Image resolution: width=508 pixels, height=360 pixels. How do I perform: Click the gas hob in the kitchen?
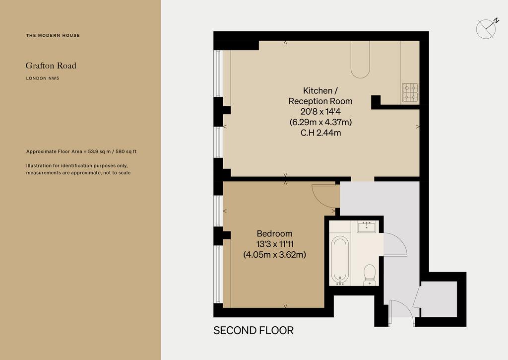410,93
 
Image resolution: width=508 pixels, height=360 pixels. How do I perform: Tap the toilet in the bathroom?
369,275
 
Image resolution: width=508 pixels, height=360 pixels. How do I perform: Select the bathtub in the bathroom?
340,260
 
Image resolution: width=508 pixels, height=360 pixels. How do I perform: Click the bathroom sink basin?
367,226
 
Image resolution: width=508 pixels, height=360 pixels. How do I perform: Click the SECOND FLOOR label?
254,331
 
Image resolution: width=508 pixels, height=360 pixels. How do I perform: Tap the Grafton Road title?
51,66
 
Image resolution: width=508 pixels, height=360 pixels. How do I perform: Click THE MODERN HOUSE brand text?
53,35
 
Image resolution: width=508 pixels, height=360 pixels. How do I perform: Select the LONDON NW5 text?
43,78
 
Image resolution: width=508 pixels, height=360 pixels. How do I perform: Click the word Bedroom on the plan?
274,233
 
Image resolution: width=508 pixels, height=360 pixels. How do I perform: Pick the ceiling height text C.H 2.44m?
321,133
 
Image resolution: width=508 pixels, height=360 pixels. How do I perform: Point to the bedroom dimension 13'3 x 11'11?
275,244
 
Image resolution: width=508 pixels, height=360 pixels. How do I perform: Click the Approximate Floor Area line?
81,151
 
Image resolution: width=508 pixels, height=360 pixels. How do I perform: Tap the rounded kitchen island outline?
360,60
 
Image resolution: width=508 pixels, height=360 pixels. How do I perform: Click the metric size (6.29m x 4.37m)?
320,122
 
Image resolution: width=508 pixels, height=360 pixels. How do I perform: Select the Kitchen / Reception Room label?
320,96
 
